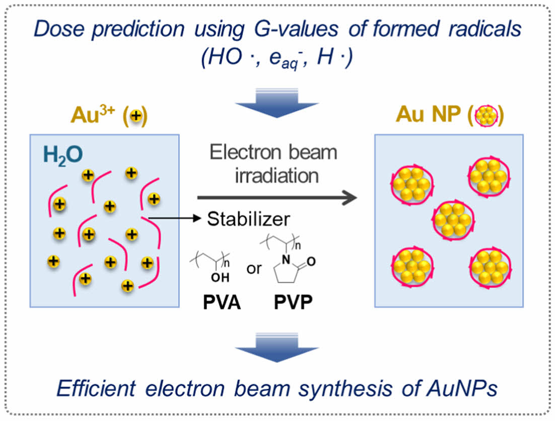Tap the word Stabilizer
249,219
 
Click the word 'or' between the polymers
254,269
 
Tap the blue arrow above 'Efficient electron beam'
277,346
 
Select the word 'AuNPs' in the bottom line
452,388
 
